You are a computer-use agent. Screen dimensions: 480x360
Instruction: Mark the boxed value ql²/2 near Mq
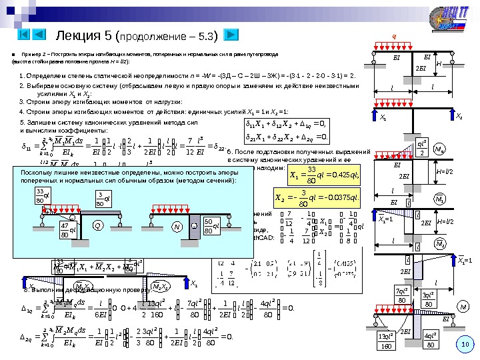(421, 148)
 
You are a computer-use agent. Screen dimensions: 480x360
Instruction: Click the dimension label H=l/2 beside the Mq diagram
(445, 172)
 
